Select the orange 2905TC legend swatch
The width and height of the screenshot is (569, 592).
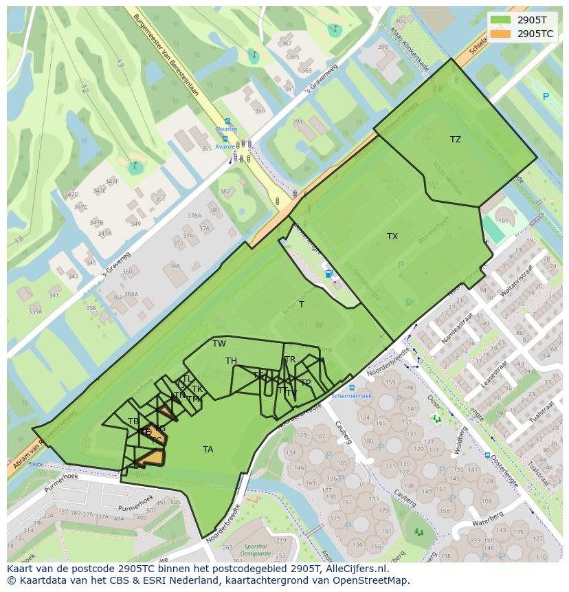point(501,33)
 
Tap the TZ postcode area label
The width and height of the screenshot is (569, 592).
point(456,140)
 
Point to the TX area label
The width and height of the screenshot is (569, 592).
point(392,237)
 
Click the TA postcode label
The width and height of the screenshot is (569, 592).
point(208,450)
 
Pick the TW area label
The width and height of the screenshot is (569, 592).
point(219,344)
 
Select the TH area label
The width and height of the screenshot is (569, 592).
point(231,361)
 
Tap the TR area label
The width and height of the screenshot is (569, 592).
point(290,360)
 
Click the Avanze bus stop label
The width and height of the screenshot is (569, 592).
point(226,129)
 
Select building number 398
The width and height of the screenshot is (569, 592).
point(383,47)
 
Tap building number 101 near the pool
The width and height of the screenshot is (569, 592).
point(503,221)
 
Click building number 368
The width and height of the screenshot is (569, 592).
point(175,266)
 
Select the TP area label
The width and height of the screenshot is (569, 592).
point(305,383)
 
